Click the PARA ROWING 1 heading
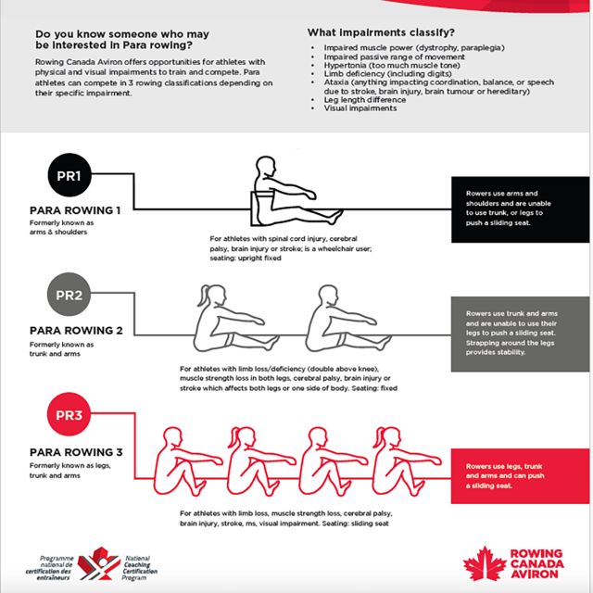75,209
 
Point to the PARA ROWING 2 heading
75,330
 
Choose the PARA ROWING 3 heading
75,451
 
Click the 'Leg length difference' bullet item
364,100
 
